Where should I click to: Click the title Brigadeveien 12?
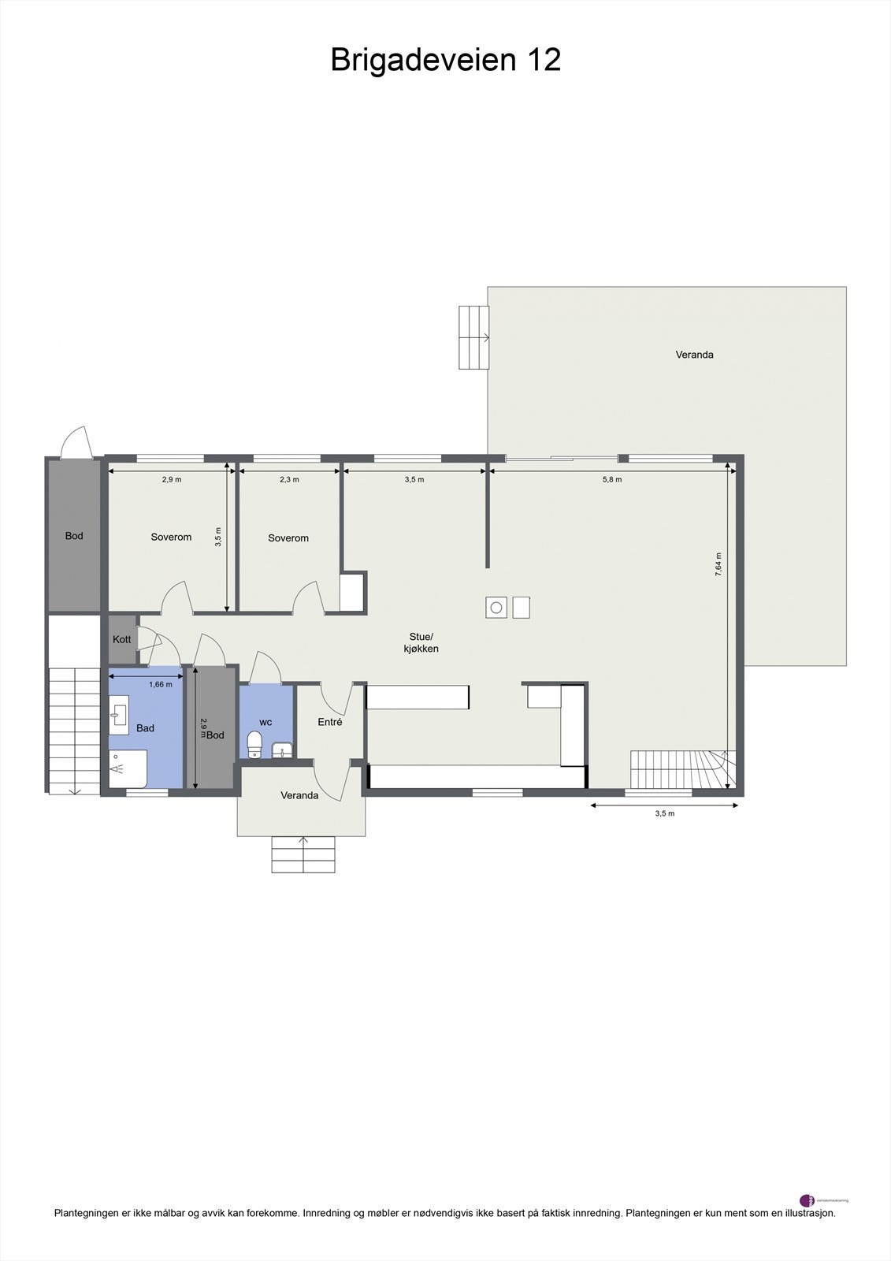pyautogui.click(x=445, y=60)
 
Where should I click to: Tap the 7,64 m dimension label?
pyautogui.click(x=718, y=564)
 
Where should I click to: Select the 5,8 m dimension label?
pyautogui.click(x=612, y=479)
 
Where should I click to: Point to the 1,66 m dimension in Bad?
pyautogui.click(x=160, y=684)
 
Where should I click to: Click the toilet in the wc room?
pyautogui.click(x=254, y=743)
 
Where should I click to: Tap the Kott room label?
pyautogui.click(x=122, y=639)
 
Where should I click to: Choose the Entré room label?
pyautogui.click(x=329, y=721)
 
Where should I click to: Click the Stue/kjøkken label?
pyautogui.click(x=421, y=642)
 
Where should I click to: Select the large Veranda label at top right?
pyautogui.click(x=694, y=355)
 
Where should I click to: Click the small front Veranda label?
pyautogui.click(x=299, y=795)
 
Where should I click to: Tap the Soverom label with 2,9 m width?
pyautogui.click(x=171, y=537)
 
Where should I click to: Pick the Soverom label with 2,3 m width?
pyautogui.click(x=288, y=538)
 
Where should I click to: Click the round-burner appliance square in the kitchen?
pyautogui.click(x=496, y=607)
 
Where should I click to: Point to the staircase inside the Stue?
pyautogui.click(x=681, y=769)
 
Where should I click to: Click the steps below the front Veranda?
pyautogui.click(x=303, y=854)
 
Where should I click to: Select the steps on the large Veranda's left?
pyautogui.click(x=473, y=337)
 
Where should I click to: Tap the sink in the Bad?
pyautogui.click(x=118, y=716)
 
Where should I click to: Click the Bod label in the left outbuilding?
pyautogui.click(x=74, y=536)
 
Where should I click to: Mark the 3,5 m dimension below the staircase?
pyautogui.click(x=664, y=813)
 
